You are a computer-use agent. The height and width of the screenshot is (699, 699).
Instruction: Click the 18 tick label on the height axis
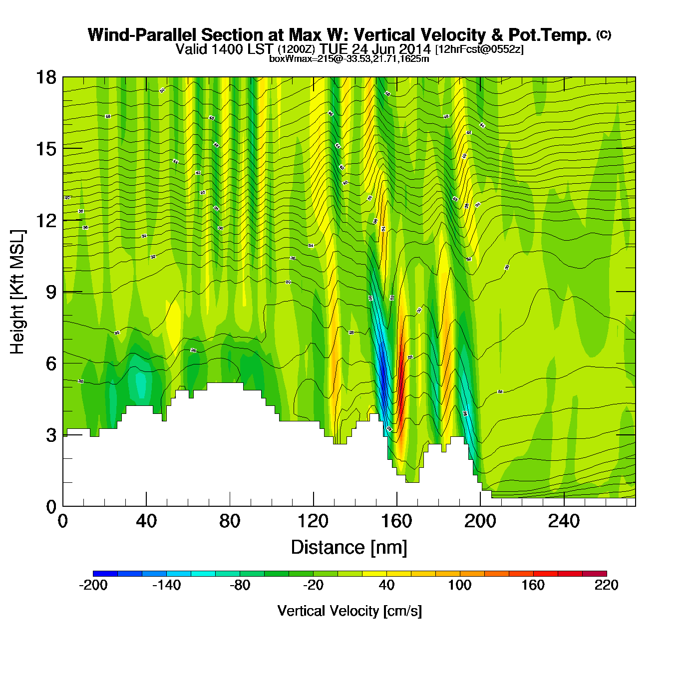(45, 77)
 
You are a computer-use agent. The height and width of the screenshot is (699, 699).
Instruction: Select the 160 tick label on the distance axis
(396, 521)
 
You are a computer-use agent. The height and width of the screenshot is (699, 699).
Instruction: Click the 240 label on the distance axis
(564, 521)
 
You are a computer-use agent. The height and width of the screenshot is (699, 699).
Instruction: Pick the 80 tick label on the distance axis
(230, 521)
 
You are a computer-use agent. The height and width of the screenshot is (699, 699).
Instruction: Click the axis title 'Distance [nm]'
(349, 547)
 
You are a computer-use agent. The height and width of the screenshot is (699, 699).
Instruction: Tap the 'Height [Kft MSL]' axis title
(17, 292)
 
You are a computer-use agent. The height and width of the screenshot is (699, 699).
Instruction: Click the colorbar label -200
(93, 585)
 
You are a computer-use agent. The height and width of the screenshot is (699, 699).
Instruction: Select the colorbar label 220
(606, 585)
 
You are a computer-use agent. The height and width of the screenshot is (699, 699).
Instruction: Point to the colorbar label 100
(459, 585)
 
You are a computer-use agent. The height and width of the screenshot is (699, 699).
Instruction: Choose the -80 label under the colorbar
(240, 585)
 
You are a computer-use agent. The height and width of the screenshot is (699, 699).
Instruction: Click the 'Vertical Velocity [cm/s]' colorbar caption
(349, 611)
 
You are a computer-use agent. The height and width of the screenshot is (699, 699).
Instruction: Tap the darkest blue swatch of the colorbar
(105, 574)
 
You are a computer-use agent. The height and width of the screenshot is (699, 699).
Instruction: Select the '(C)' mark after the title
(603, 34)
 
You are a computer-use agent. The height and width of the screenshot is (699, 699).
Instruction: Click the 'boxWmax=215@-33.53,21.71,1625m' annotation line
(349, 58)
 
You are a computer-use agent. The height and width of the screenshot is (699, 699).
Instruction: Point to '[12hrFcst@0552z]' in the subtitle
(479, 49)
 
